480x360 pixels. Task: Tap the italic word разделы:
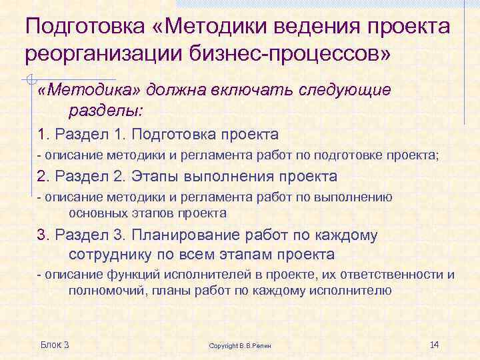[99, 109]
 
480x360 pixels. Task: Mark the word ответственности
[393, 275]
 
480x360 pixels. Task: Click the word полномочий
[107, 290]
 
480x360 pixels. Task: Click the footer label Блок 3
[55, 344]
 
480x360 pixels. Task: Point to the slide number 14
[435, 344]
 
